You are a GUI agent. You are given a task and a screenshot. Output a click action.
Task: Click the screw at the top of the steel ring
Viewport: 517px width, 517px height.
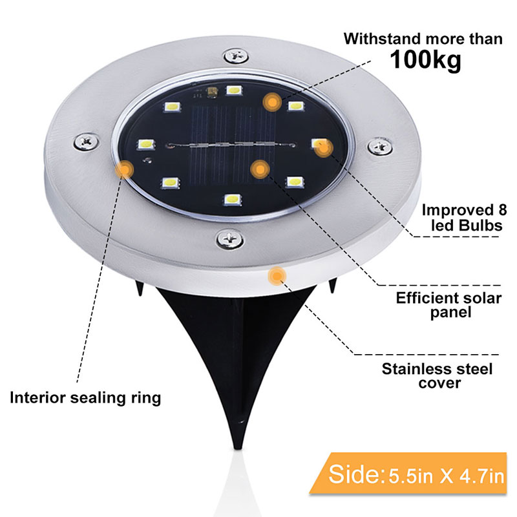[235, 56]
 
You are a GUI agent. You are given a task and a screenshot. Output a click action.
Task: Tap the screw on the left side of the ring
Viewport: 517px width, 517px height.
[86, 142]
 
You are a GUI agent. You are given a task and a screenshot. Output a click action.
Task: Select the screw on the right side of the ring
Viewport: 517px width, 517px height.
[380, 146]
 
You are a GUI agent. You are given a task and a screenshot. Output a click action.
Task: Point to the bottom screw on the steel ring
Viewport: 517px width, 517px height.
[230, 238]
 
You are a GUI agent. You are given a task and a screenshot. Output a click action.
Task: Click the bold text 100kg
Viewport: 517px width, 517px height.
[425, 59]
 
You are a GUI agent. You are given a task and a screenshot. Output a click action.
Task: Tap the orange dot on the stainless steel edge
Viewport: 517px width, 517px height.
[277, 276]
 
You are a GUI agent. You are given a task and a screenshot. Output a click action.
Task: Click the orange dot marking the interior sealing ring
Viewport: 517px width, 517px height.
[124, 170]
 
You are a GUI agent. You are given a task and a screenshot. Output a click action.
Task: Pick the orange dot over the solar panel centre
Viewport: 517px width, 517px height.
[260, 169]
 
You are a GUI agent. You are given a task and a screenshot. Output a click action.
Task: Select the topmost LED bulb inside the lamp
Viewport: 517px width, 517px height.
[234, 90]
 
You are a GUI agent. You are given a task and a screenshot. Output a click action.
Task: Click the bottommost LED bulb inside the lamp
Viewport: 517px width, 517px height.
[233, 199]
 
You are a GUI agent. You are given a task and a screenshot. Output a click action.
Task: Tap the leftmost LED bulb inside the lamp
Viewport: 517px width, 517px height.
[146, 144]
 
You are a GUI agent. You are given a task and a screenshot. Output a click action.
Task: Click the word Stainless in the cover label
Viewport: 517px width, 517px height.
[411, 368]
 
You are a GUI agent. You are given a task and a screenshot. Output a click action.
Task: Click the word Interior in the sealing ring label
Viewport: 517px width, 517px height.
[38, 397]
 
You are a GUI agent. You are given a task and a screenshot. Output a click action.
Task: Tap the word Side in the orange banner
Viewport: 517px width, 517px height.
[354, 474]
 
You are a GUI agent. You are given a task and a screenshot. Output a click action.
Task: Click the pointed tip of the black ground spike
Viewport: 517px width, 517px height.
[238, 448]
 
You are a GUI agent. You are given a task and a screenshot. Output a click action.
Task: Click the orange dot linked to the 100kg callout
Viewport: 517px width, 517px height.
[272, 102]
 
